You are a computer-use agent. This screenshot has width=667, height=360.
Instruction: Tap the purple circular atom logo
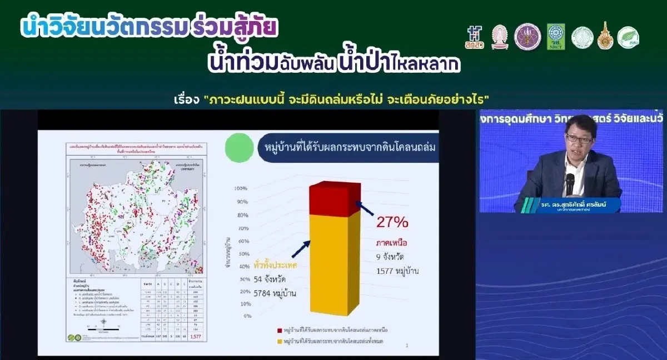tap(527, 37)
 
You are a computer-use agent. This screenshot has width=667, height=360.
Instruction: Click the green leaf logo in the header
tap(628, 37)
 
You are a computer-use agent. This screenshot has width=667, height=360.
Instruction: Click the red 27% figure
tap(392, 222)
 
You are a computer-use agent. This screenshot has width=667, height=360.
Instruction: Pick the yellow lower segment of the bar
tap(335, 267)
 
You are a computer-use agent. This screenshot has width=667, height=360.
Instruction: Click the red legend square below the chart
tap(279, 330)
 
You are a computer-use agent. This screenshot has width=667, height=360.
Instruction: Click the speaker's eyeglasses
tap(579, 138)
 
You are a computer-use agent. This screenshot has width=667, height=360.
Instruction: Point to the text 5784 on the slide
tap(265, 293)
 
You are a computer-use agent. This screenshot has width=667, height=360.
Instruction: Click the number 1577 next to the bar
tap(386, 271)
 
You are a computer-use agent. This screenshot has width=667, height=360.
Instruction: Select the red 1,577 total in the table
tap(196, 337)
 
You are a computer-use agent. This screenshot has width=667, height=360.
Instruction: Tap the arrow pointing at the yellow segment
tap(300, 248)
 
